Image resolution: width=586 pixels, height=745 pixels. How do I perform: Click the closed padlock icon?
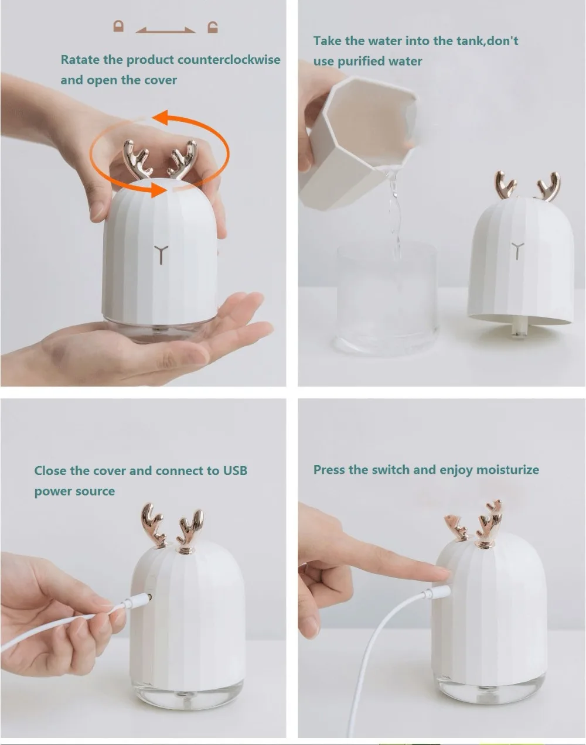(x=119, y=26)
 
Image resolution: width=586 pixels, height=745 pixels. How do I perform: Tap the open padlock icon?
(x=213, y=27)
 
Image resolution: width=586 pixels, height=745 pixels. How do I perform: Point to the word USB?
(x=235, y=471)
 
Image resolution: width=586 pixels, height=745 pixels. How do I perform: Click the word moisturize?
(x=507, y=470)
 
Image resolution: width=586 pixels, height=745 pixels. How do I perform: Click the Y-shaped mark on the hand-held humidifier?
(x=161, y=255)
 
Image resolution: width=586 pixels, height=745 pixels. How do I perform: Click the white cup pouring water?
(x=358, y=143)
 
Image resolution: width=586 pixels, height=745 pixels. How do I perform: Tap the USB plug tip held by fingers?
(x=149, y=597)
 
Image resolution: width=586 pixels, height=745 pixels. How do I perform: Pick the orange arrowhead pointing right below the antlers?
(x=158, y=190)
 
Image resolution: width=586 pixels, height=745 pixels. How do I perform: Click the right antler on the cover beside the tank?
(x=549, y=187)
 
